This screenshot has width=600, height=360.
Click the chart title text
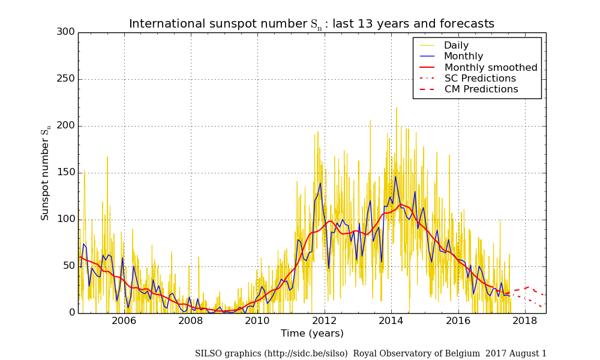tap(311, 24)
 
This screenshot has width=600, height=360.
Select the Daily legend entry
tap(456, 46)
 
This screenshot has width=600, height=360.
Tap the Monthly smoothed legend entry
tap(491, 67)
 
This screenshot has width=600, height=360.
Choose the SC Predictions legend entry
tap(480, 79)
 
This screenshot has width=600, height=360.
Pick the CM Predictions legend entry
tap(481, 89)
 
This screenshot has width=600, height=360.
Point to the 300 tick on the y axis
tap(66, 32)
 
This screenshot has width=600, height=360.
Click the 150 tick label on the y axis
tap(66, 173)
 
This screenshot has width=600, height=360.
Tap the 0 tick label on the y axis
tap(71, 313)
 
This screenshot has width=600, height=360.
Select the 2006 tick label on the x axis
tap(124, 321)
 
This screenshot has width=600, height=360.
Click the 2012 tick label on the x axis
tap(325, 321)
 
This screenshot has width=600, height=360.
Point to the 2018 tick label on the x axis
tap(525, 321)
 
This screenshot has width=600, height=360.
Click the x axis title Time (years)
tap(312, 334)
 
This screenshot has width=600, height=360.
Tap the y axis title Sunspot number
tap(46, 174)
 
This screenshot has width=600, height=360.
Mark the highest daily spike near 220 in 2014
tap(396, 108)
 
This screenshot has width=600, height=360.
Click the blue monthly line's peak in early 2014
tap(395, 177)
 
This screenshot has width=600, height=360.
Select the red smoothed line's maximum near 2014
tap(400, 205)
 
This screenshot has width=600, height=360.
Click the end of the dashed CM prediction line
tap(544, 295)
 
